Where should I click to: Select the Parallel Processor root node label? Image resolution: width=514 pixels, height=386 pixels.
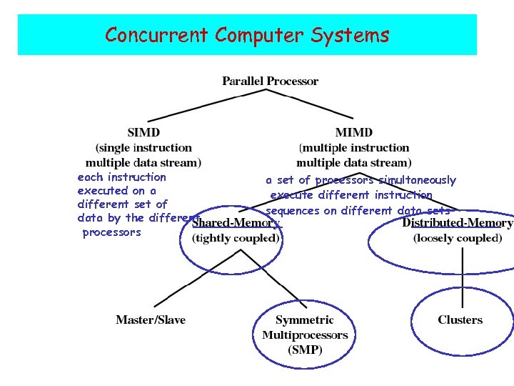tap(270, 81)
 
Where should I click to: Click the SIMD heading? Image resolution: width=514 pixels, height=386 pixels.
tap(143, 132)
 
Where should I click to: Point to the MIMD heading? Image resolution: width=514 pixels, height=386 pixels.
tap(353, 132)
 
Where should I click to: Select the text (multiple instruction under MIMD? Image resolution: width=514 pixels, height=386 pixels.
tap(354, 147)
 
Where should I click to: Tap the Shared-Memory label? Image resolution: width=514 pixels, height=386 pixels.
tap(236, 223)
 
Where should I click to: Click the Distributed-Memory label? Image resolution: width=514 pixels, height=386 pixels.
tap(457, 223)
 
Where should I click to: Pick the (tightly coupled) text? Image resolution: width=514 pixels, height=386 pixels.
tap(236, 238)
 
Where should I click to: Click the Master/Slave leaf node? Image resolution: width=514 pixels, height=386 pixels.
tap(151, 320)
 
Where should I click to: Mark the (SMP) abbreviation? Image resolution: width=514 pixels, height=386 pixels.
tap(305, 350)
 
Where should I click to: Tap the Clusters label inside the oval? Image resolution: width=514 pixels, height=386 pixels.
tap(460, 320)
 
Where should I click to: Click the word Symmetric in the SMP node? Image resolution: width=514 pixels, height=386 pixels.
tap(305, 320)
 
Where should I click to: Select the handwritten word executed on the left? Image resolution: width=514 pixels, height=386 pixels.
tap(103, 191)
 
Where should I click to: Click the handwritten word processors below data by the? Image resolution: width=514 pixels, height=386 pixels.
tap(112, 232)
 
